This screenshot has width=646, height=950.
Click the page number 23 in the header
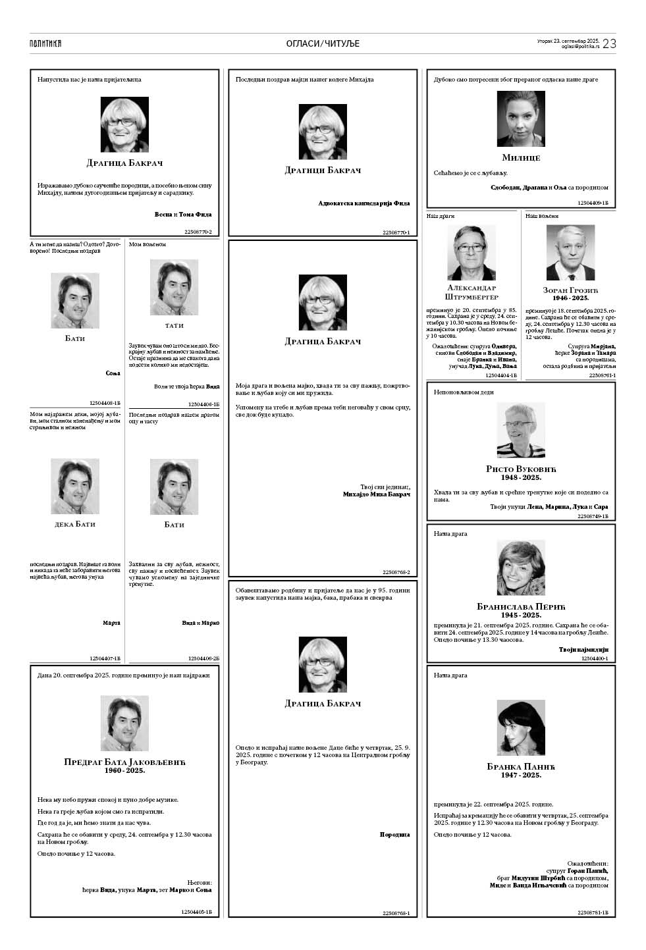coord(609,43)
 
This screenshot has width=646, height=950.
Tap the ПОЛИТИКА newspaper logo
coord(45,43)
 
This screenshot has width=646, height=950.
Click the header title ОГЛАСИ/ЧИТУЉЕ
coord(323,43)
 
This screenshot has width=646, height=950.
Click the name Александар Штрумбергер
coord(471,292)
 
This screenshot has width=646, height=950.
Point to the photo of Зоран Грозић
coord(570,253)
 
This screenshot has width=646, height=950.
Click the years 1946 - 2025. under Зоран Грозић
coord(570,298)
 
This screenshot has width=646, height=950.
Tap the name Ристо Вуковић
coord(521,469)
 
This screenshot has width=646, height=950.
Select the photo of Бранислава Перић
coord(521,568)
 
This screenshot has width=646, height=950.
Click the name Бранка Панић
coord(521,766)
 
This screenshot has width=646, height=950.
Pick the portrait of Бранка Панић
coord(521,728)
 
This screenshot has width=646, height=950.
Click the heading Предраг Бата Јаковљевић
coord(124,762)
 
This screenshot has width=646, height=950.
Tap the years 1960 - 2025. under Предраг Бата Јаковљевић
coord(124,770)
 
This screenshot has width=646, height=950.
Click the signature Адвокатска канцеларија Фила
coord(363,203)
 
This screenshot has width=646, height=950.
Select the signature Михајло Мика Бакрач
coord(376,494)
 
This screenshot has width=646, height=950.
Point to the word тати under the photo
coord(175,325)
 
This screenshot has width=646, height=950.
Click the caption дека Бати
coord(75,524)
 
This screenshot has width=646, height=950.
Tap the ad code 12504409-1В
coord(593,204)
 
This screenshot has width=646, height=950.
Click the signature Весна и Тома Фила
coord(182,215)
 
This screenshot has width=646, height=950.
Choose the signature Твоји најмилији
coord(583,649)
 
